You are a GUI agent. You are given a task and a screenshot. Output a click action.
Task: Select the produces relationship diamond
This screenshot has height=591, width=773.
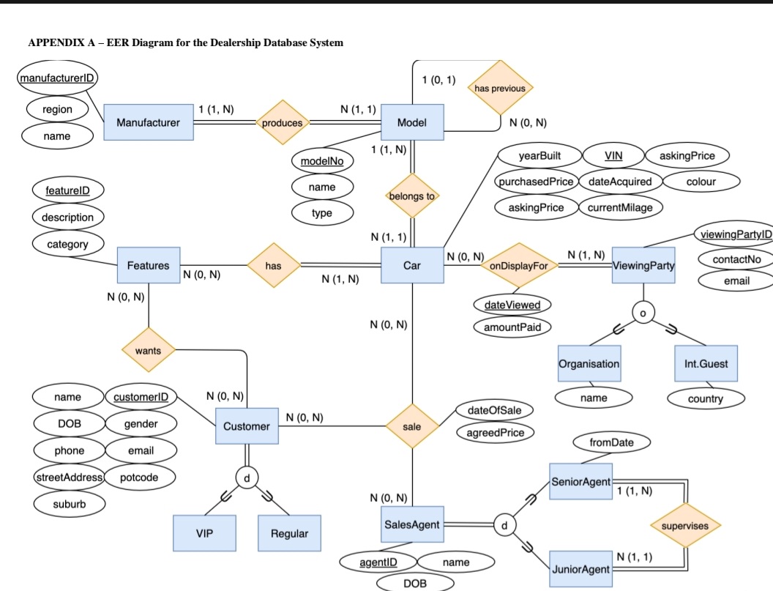(282, 123)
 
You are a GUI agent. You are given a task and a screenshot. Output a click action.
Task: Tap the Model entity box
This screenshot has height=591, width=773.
(412, 122)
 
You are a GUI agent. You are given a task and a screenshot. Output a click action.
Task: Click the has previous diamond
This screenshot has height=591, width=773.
(500, 89)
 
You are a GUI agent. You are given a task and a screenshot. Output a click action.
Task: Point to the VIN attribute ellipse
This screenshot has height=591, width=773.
(613, 155)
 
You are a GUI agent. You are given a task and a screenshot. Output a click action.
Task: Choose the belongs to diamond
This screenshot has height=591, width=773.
(411, 196)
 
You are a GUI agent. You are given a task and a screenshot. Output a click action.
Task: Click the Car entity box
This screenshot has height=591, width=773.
(412, 265)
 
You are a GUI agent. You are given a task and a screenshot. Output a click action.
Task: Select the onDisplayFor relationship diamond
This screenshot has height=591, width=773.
(519, 266)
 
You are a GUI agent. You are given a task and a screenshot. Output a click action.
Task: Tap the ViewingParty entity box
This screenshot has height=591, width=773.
(643, 265)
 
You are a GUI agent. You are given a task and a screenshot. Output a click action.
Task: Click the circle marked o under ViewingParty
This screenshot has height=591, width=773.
(643, 313)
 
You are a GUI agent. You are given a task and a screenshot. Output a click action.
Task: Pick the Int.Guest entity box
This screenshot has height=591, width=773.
(706, 363)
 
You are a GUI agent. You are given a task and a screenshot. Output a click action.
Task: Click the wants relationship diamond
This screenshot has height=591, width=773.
(148, 351)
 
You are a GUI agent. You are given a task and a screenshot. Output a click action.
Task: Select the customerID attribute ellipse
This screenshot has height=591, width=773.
(141, 397)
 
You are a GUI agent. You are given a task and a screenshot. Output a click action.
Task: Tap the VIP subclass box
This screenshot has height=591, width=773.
(205, 533)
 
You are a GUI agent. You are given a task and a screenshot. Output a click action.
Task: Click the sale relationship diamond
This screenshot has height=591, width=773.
(412, 425)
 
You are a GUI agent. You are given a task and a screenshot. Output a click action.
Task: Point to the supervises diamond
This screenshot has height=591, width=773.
(685, 526)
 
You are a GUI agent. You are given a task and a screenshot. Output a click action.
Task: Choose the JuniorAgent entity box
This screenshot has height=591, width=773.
(580, 569)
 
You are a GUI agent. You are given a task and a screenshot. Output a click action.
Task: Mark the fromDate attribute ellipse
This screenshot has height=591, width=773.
(612, 443)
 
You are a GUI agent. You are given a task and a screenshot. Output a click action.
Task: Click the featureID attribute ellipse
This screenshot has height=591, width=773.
(68, 190)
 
